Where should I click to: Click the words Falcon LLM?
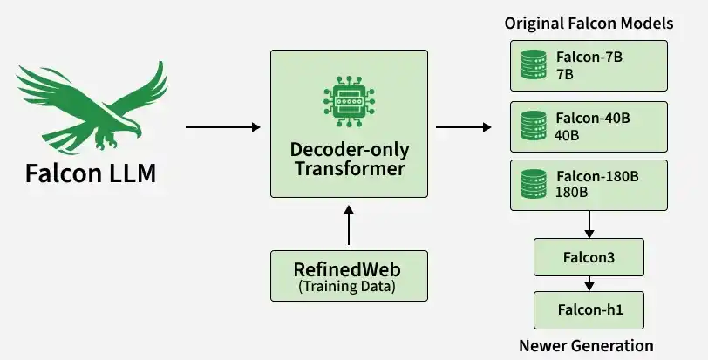(x=91, y=173)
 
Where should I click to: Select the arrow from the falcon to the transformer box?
(x=223, y=127)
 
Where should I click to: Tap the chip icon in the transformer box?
(x=349, y=101)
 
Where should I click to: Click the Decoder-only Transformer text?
(x=350, y=159)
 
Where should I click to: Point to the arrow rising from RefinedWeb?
(x=349, y=225)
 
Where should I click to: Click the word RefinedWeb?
(x=347, y=269)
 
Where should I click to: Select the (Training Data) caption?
(x=347, y=287)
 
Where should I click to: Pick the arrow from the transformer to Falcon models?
(x=464, y=127)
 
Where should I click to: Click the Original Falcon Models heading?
(x=589, y=24)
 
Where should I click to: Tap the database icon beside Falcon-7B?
(x=534, y=65)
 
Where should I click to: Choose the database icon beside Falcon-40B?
(x=534, y=126)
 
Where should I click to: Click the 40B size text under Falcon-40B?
(x=567, y=135)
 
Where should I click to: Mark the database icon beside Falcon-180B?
(x=534, y=184)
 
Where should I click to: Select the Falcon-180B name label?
(x=597, y=176)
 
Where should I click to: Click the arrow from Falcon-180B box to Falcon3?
(x=589, y=224)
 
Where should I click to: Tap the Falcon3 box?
(x=589, y=257)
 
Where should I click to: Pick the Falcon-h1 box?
(x=589, y=310)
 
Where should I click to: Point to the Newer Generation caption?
(x=586, y=345)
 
